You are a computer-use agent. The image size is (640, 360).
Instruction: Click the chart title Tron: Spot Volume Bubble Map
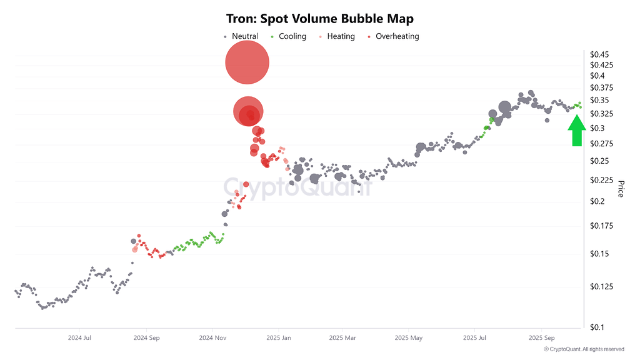319,19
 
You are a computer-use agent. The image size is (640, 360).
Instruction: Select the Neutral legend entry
244,36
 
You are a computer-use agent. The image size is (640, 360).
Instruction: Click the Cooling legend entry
292,36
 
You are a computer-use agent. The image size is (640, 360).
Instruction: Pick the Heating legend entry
341,36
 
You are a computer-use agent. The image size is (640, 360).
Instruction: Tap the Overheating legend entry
397,36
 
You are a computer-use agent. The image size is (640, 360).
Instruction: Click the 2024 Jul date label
80,338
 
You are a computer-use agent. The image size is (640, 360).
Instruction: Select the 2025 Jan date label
279,338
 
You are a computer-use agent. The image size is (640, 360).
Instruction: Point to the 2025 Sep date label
541,338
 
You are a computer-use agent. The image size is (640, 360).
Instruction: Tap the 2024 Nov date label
212,338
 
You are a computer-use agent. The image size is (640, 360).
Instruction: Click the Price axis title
621,189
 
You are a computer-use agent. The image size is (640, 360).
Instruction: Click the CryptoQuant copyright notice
584,349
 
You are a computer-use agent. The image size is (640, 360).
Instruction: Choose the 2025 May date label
409,338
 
